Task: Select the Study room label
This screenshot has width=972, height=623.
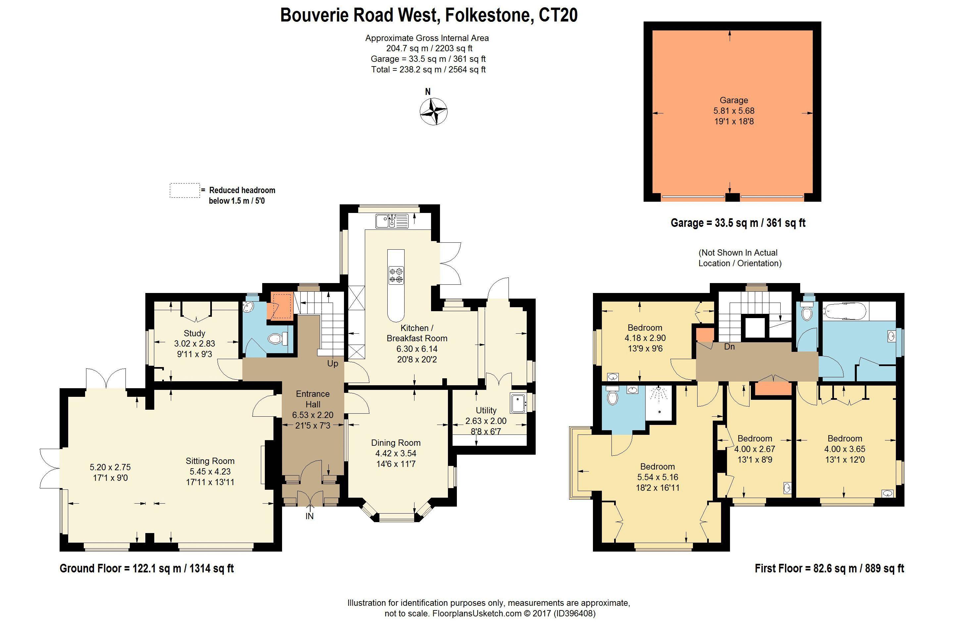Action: point(194,333)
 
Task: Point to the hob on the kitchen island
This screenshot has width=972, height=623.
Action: point(396,275)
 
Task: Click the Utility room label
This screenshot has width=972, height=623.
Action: point(486,410)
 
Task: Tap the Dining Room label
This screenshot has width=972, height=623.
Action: point(396,442)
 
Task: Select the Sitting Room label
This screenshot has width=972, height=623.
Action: point(210,461)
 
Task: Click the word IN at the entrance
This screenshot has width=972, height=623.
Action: point(310,516)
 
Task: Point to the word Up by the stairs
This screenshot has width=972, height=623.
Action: point(332,364)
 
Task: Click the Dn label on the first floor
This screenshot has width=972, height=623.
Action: point(729,347)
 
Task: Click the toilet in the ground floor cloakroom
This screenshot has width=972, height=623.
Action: point(277,338)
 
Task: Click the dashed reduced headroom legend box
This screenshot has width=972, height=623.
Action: point(185,190)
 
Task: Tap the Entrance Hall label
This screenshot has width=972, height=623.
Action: point(313,399)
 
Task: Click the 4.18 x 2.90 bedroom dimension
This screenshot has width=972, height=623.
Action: point(645,338)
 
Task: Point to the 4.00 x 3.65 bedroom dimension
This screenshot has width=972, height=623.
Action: point(845,449)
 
